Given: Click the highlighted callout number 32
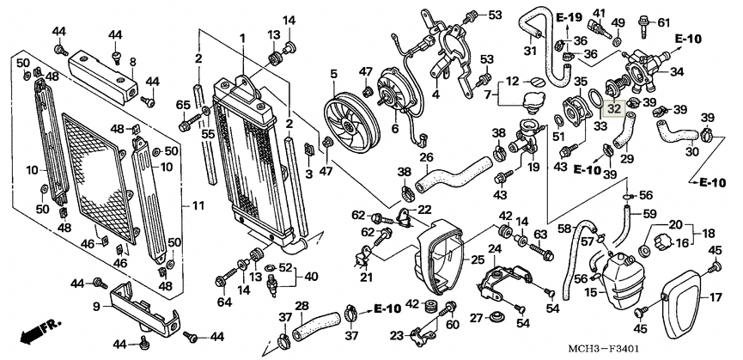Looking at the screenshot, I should point(612,109).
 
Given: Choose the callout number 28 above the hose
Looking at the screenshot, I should point(301,306).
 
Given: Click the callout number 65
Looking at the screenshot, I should point(182,105).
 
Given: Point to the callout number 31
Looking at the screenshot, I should point(530,51).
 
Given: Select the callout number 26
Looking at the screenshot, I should point(426,157).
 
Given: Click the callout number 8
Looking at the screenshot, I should point(133,62).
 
